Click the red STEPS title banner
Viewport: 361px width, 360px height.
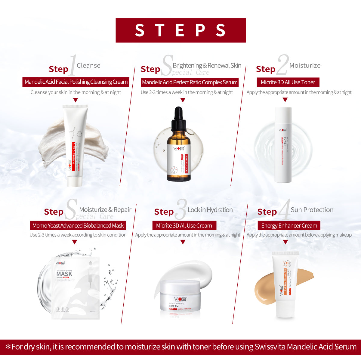pos(180,30)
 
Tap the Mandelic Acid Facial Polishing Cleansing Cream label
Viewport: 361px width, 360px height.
pos(76,82)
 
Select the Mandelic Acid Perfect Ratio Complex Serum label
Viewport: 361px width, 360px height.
pos(190,82)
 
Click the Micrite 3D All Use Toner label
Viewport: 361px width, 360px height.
pos(288,82)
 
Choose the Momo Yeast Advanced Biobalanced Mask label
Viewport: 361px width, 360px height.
pos(78,225)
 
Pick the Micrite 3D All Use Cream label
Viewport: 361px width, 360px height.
pos(184,225)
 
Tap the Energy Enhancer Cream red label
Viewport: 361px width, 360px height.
pos(289,225)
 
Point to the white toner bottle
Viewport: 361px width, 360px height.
pos(283,144)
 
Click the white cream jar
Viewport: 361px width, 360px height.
pos(180,296)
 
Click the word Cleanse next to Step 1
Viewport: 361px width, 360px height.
pos(88,65)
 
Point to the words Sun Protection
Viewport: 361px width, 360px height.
pos(312,210)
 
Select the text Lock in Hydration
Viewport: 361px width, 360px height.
pos(210,210)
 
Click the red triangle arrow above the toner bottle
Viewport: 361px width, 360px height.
pos(285,100)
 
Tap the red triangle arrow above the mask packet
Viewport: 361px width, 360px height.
pos(75,242)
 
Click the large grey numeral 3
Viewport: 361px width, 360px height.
pos(181,210)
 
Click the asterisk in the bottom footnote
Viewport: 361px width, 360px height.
pos(8,347)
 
